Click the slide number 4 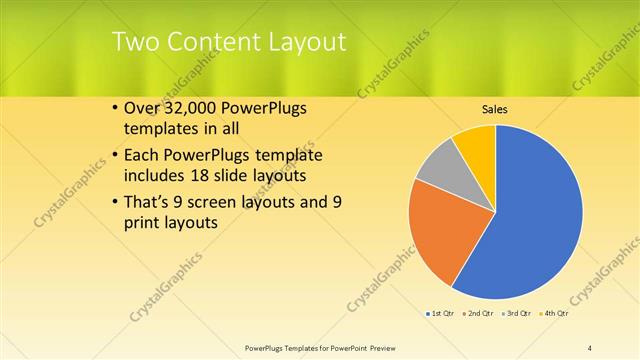(x=590, y=347)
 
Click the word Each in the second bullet (x=141, y=154)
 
